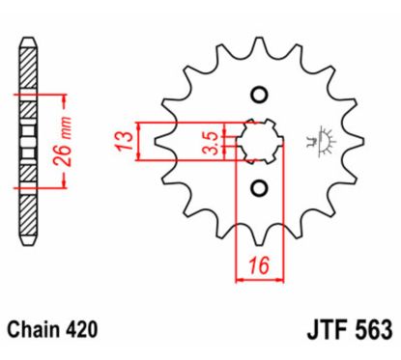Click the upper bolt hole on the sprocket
pos(258,94)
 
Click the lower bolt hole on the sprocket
pos(258,185)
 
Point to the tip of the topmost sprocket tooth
pos(258,41)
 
